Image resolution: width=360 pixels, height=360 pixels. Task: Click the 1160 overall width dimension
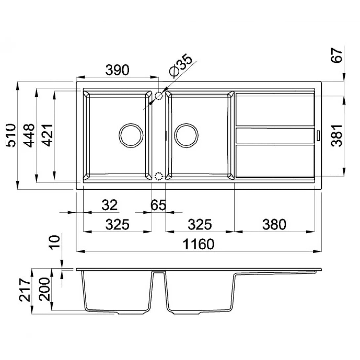point(198,244)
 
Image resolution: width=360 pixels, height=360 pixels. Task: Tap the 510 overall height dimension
point(11,135)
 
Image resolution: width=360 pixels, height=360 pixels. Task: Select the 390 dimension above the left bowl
point(117,70)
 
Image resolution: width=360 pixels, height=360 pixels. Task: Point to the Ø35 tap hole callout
point(180,65)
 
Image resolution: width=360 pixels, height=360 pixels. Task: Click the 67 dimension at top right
point(336,55)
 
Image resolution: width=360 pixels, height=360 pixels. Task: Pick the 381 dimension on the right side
point(337,136)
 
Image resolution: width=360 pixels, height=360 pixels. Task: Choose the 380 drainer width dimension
point(274,225)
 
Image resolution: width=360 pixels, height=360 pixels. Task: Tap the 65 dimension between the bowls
point(158,205)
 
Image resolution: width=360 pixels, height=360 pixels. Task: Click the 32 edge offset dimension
point(110,205)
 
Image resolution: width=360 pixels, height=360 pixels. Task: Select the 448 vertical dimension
point(29,135)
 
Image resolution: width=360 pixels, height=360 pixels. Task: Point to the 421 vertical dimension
point(48,135)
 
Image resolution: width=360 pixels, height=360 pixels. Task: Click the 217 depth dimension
point(24,290)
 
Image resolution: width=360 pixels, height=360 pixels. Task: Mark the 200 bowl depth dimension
point(44,289)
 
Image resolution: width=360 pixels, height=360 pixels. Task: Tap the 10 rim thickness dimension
point(55,242)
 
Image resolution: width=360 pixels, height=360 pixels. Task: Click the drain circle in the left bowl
point(131,135)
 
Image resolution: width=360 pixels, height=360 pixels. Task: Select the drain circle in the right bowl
point(186,135)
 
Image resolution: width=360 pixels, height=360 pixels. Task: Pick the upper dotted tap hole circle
point(159,95)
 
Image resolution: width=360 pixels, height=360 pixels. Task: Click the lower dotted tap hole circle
point(159,176)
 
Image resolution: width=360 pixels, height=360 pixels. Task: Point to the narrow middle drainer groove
point(275,135)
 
